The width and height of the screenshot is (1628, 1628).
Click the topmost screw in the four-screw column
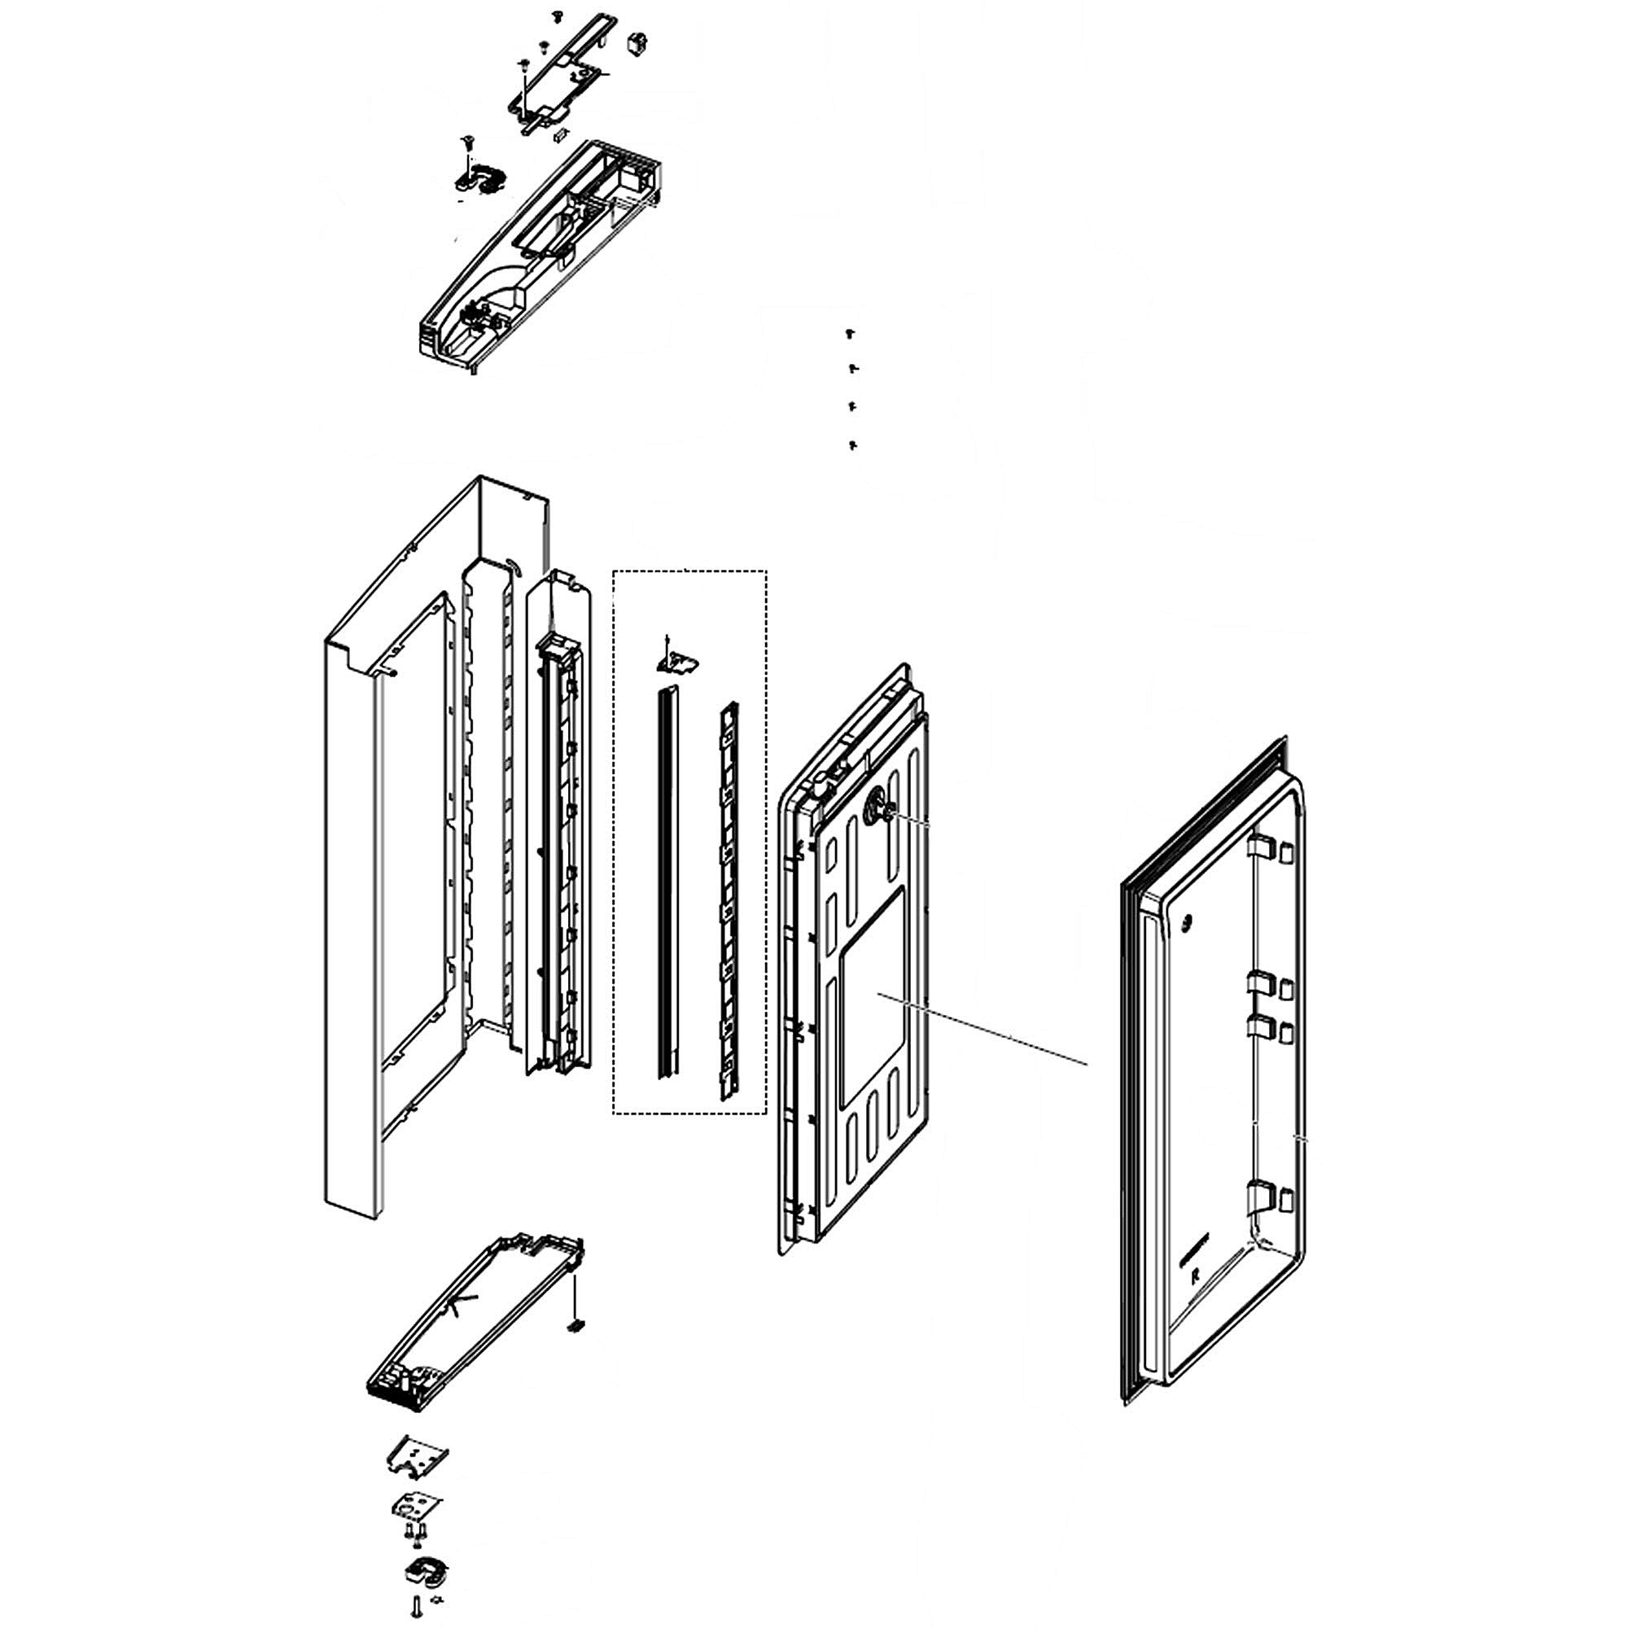851,334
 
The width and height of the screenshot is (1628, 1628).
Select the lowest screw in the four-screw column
852,444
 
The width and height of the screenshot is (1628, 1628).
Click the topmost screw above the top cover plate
556,15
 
